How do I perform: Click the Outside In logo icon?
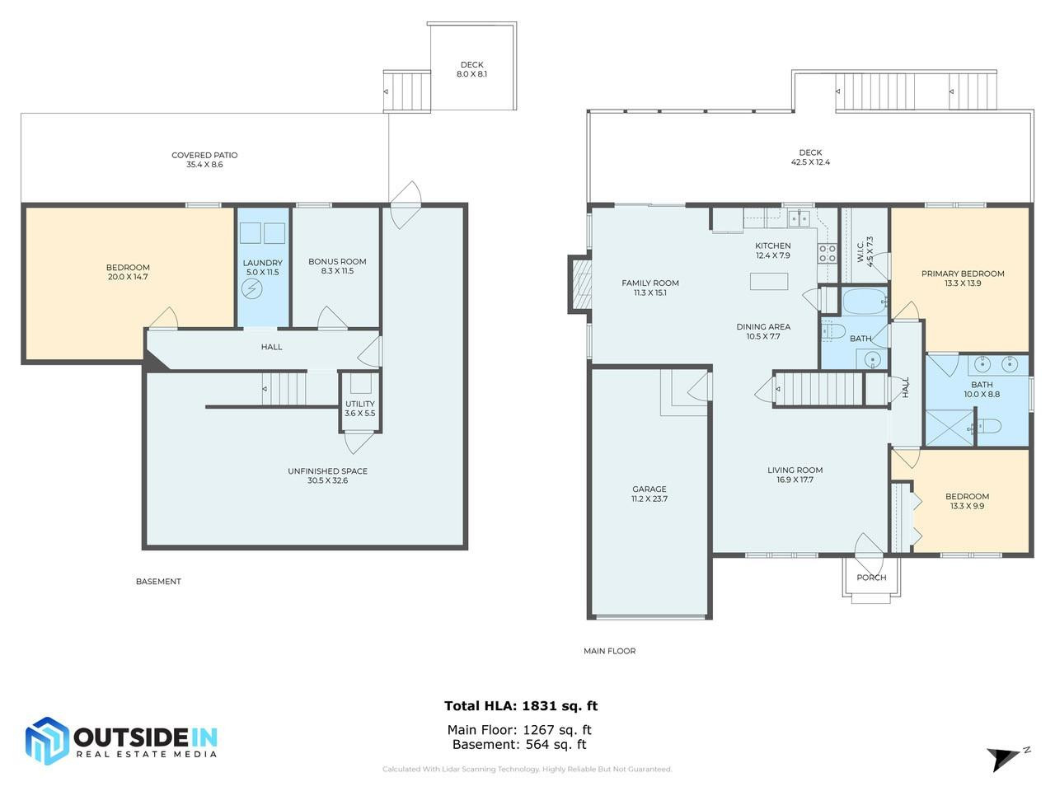[46, 741]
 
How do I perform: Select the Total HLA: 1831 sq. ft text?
[520, 705]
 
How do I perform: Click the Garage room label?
[649, 494]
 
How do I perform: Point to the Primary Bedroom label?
[963, 278]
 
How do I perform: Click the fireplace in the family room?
[580, 284]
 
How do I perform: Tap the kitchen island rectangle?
[768, 281]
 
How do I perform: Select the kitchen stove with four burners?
[827, 253]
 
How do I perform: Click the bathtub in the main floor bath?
[863, 301]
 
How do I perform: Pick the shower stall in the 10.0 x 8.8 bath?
[949, 428]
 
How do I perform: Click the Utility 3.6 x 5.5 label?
[359, 409]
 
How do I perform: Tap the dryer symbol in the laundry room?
[251, 289]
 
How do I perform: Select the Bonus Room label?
[337, 266]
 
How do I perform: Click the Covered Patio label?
[204, 160]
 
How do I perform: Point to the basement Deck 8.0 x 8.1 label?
[471, 69]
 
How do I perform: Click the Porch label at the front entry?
[871, 578]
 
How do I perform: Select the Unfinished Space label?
[327, 475]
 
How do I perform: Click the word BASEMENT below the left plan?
[158, 582]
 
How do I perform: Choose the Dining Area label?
[763, 331]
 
